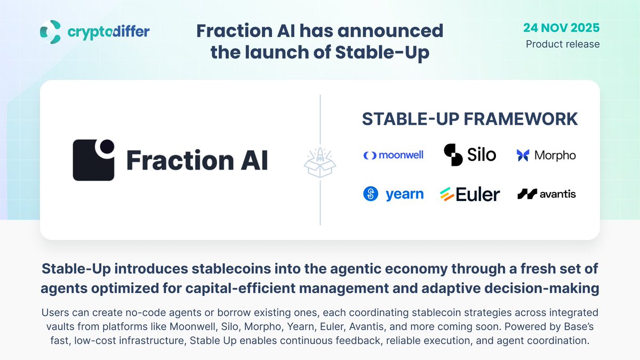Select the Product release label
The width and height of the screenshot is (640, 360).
point(563,44)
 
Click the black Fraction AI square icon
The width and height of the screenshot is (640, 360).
point(93,160)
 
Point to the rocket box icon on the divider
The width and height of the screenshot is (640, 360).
point(320,161)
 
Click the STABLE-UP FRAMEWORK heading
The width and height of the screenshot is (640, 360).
point(469,119)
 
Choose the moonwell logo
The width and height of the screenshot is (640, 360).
point(393,155)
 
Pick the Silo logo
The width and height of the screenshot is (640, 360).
point(470,155)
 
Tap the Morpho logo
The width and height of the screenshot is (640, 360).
point(546,155)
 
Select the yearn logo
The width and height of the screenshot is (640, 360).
point(393,194)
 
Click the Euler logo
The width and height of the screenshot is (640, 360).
point(470,195)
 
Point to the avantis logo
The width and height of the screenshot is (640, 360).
point(546,194)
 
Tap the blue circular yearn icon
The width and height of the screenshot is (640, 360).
point(371,194)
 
